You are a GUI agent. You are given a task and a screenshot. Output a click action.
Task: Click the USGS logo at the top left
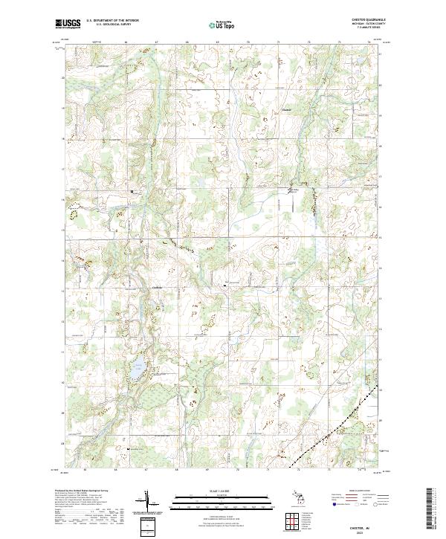[x=68, y=24]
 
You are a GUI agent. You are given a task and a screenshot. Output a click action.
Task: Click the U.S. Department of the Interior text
[x=112, y=20]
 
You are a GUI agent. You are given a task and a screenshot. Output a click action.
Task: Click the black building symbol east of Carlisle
[x=227, y=283]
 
